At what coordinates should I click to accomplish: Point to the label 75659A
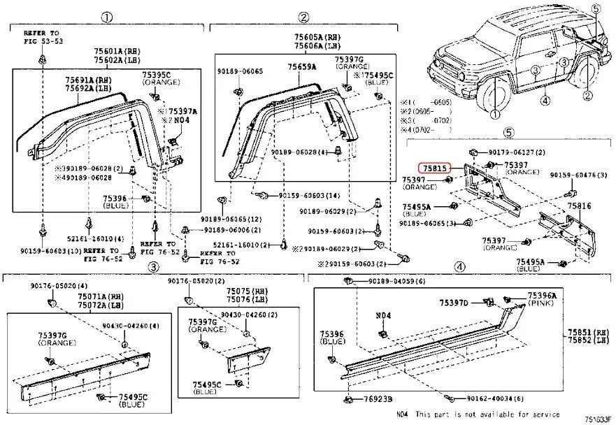pos(301,66)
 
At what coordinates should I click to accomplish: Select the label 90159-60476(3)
pos(578,175)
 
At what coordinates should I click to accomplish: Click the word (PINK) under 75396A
pos(542,304)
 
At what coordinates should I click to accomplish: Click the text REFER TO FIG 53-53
pos(42,36)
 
